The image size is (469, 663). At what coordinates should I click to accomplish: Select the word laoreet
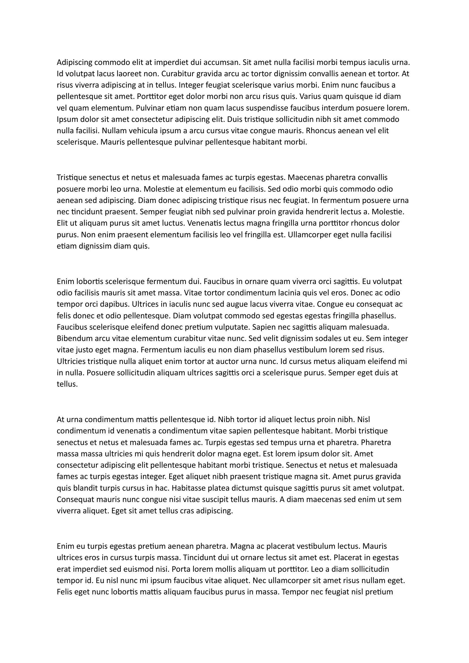tap(128, 74)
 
